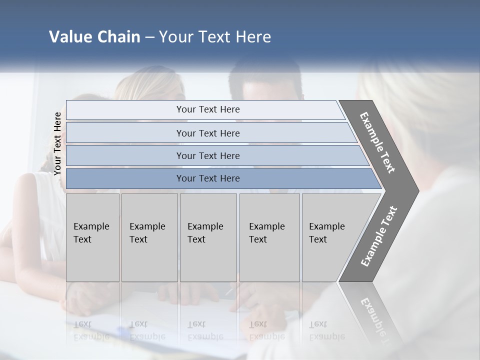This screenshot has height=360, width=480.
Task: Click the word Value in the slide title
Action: pyautogui.click(x=68, y=37)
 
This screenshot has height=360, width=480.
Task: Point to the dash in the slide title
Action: pyautogui.click(x=149, y=37)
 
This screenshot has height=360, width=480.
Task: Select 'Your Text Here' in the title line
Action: pyautogui.click(x=215, y=37)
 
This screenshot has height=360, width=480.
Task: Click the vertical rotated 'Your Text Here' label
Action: pyautogui.click(x=57, y=143)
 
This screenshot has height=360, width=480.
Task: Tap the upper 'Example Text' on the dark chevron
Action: pyautogui.click(x=377, y=142)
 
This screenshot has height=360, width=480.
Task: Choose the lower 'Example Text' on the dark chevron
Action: pyautogui.click(x=378, y=236)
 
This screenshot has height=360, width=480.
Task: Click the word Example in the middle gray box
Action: pyautogui.click(x=205, y=226)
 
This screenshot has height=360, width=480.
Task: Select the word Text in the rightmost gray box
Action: pyautogui.click(x=317, y=239)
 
